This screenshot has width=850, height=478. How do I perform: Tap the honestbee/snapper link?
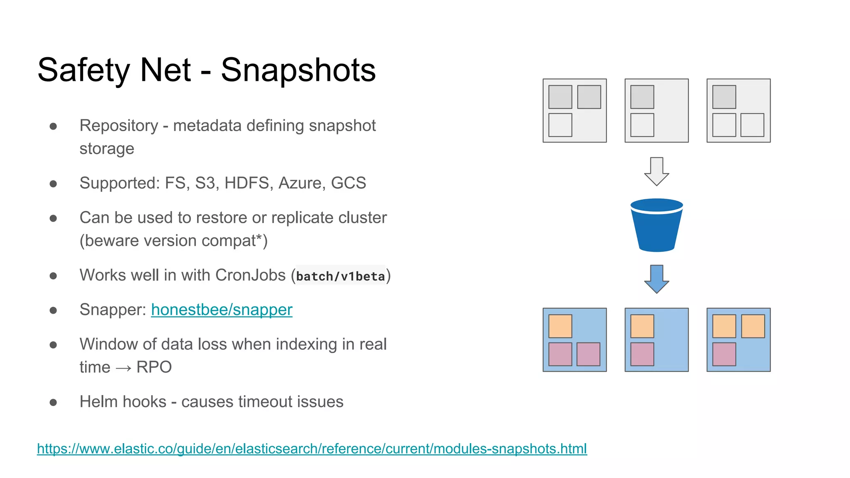[222, 310]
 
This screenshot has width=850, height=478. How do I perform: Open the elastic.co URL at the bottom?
[312, 449]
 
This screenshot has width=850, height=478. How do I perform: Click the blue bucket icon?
[656, 226]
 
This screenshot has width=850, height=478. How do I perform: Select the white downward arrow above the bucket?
[656, 171]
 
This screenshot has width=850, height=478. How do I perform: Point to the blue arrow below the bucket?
[656, 279]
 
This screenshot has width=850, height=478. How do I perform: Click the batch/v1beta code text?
[340, 276]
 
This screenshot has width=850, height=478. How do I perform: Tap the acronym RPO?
[154, 367]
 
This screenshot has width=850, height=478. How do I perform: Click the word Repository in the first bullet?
[119, 126]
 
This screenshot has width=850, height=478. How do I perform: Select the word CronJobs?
[250, 276]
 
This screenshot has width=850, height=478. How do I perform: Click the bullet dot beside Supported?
[53, 184]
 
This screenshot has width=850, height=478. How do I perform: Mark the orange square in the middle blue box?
[642, 326]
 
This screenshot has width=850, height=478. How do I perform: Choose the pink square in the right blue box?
[724, 354]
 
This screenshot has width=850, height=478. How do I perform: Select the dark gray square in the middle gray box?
[642, 97]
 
